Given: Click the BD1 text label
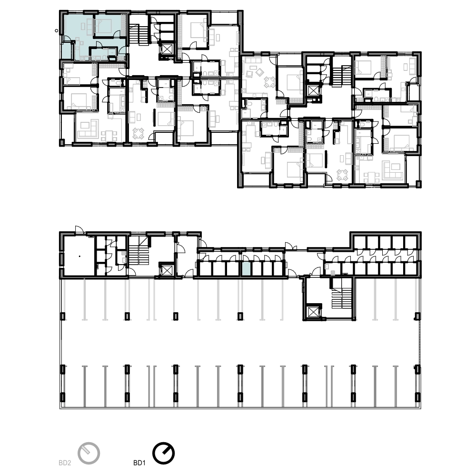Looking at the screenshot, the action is [139, 463].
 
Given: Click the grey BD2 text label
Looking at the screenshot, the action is [65, 463].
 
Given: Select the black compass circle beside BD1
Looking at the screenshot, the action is [163, 454].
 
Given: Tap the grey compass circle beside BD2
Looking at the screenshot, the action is [89, 454].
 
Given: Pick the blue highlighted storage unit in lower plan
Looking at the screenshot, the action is [246, 269].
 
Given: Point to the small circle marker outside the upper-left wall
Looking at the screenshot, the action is [57, 30].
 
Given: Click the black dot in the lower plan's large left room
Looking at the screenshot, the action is [79, 256].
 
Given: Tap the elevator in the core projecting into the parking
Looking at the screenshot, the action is [312, 312].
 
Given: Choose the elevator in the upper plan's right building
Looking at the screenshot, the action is [312, 90].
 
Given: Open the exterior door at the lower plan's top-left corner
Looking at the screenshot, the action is [79, 230].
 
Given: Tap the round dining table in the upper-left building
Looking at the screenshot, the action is [139, 134].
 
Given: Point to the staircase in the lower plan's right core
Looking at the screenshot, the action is [341, 298].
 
